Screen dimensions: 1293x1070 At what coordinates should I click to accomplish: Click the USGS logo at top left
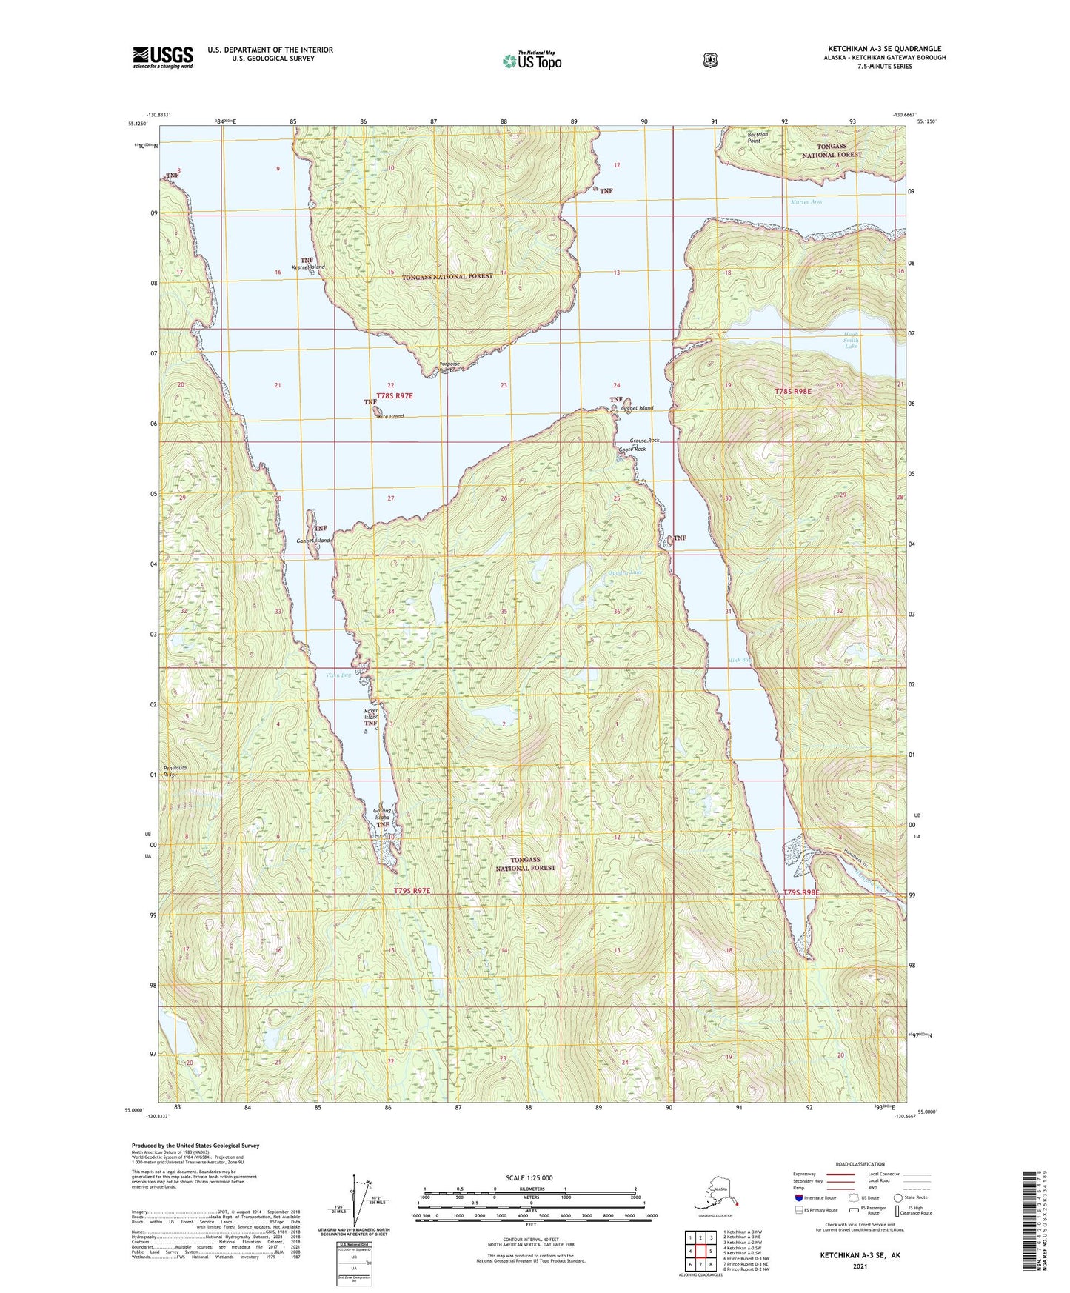(x=162, y=57)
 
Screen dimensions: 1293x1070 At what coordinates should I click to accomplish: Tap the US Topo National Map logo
(x=531, y=60)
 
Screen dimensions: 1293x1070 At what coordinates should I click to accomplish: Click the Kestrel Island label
(x=308, y=267)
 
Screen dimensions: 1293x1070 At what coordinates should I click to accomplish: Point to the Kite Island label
(x=390, y=417)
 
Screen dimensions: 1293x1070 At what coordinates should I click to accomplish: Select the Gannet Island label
(x=312, y=541)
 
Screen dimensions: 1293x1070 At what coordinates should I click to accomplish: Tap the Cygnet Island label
(x=638, y=408)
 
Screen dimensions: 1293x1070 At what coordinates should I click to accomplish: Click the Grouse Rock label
(x=644, y=441)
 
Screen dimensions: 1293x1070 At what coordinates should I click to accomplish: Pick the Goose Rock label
(x=632, y=450)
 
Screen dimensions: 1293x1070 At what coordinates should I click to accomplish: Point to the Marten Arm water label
(x=806, y=201)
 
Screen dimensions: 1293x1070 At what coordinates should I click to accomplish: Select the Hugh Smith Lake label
(x=851, y=340)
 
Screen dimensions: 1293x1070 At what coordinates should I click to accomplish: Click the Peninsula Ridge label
(x=175, y=772)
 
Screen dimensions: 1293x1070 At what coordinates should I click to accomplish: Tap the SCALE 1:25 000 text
(x=529, y=1178)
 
